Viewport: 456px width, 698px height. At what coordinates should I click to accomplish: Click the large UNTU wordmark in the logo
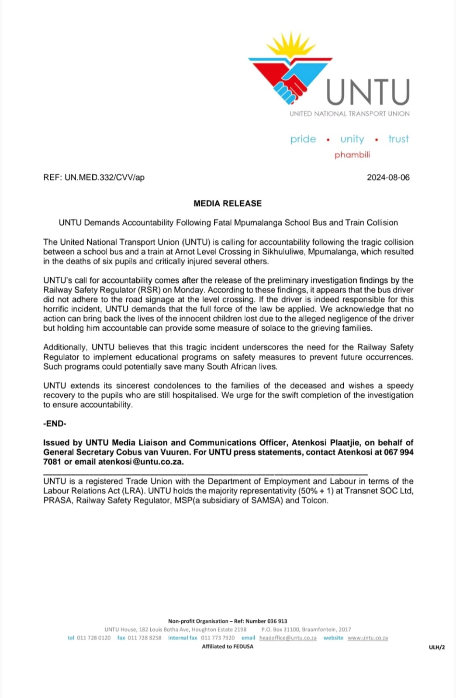[368, 92]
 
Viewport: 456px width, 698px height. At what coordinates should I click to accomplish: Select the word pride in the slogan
[303, 139]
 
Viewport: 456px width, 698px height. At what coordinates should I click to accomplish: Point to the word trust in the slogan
[398, 139]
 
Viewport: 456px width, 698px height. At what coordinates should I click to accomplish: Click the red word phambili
[352, 155]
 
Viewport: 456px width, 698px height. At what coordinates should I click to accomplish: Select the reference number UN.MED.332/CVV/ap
[104, 178]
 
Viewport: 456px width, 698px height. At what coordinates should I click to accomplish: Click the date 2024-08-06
[388, 178]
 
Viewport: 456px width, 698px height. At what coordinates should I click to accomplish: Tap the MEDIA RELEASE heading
[228, 203]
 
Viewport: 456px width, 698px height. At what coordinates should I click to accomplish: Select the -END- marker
[55, 424]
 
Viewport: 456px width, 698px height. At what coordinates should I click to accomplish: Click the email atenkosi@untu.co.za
[141, 462]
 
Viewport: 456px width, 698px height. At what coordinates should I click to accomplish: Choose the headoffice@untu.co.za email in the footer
[288, 638]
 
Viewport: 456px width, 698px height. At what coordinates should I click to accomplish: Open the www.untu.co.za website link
[367, 638]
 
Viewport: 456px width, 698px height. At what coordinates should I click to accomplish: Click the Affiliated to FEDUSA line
[228, 647]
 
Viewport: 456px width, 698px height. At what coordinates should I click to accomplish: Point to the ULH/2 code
[437, 648]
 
